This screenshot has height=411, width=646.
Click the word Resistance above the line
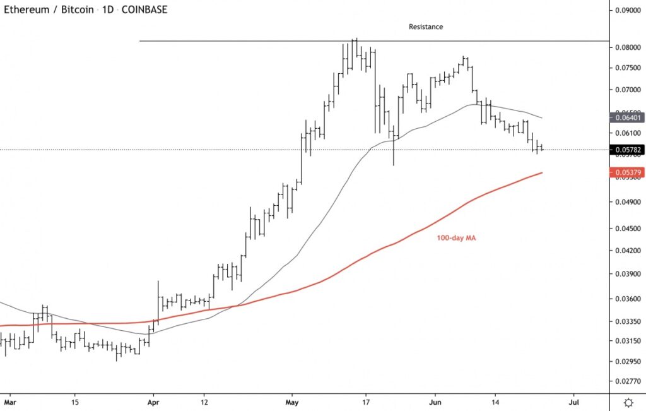point(426,27)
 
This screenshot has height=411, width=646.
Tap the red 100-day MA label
point(455,239)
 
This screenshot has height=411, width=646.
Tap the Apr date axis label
point(153,402)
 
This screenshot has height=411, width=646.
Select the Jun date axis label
point(435,402)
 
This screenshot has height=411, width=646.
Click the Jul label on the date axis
point(574,402)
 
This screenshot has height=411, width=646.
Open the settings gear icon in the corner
point(628,402)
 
